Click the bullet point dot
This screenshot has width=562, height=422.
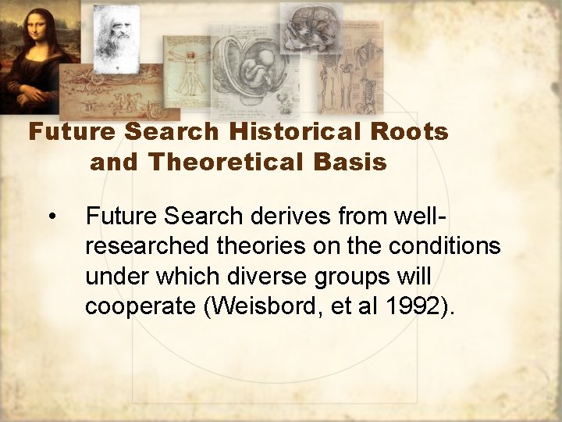pyautogui.click(x=52, y=215)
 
